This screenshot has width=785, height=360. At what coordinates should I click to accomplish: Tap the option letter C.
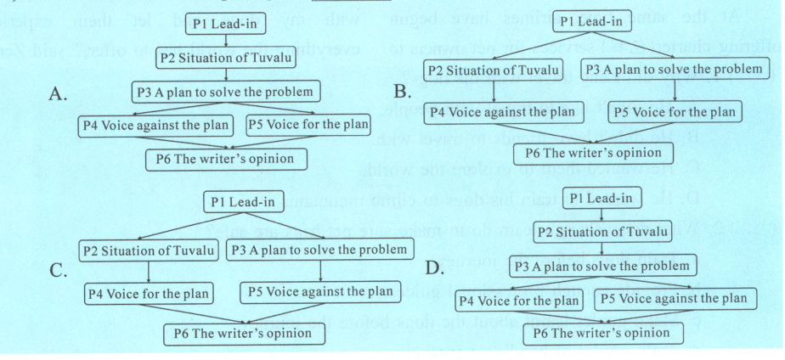click(x=59, y=271)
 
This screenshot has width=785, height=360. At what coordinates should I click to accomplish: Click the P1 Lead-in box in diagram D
click(x=601, y=199)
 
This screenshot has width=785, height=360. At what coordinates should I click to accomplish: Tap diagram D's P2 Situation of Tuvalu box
click(x=601, y=233)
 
